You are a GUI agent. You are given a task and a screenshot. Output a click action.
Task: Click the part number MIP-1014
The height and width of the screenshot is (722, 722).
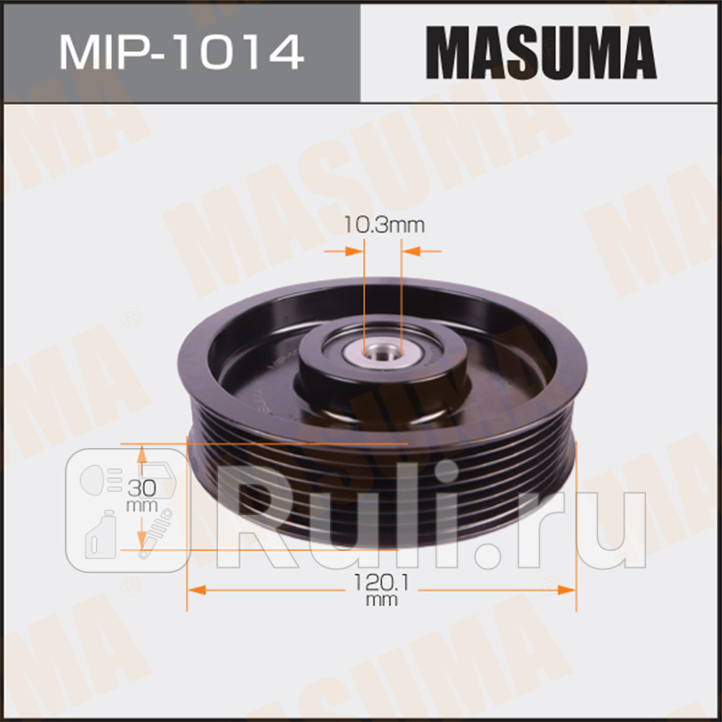tap(181, 51)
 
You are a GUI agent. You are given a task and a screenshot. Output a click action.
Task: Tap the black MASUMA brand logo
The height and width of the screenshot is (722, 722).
tap(541, 51)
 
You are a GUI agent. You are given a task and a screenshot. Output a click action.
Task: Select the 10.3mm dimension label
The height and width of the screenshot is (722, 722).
tap(383, 225)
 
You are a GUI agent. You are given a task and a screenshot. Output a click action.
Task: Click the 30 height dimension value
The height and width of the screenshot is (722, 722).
tap(141, 489)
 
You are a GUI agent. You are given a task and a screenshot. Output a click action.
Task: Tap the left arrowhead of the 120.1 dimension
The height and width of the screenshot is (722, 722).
tap(196, 589)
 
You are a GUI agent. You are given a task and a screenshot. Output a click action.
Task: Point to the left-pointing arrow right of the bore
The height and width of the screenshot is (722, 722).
tap(411, 252)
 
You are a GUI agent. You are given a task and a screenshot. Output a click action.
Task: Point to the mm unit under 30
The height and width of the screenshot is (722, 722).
tap(141, 505)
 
